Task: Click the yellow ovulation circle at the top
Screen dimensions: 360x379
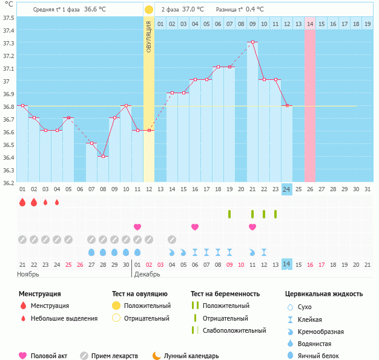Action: tap(149, 10)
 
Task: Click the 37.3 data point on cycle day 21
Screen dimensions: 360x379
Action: tap(252, 42)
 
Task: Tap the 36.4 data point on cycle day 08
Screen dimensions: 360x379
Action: tap(104, 156)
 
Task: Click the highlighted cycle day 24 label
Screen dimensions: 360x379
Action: tap(286, 189)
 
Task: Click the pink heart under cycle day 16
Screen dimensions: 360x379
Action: tap(195, 227)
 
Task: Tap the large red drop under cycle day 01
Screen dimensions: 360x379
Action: tap(22, 202)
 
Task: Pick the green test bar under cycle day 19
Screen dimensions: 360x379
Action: tap(229, 214)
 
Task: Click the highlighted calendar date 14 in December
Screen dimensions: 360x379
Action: tap(286, 264)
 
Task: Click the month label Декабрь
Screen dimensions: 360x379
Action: tap(147, 275)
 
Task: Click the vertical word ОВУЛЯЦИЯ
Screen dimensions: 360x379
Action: tap(149, 38)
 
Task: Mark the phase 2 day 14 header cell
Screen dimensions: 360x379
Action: tap(310, 24)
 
